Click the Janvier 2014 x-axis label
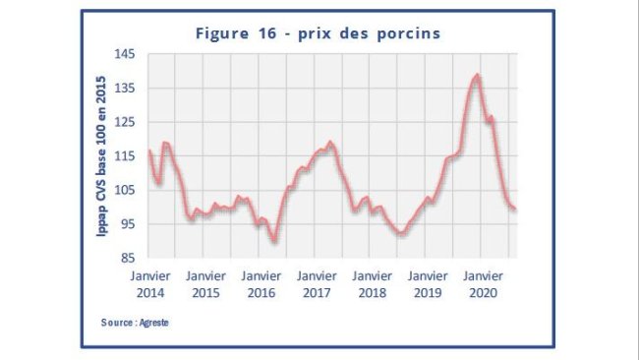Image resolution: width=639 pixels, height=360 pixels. point(150,284)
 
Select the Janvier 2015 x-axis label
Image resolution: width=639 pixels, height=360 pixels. point(205,284)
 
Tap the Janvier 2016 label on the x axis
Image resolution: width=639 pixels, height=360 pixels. point(261,284)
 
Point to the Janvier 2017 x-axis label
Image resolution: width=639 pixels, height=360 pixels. point(317,284)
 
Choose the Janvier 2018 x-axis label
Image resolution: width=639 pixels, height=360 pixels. point(373,284)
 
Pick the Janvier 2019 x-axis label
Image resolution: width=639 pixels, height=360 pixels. point(428,284)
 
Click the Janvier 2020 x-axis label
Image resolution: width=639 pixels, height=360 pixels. point(484,284)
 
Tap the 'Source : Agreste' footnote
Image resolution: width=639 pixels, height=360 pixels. point(135,323)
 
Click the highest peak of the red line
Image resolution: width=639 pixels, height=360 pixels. point(477,75)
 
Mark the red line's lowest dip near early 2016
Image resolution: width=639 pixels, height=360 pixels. point(275,240)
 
